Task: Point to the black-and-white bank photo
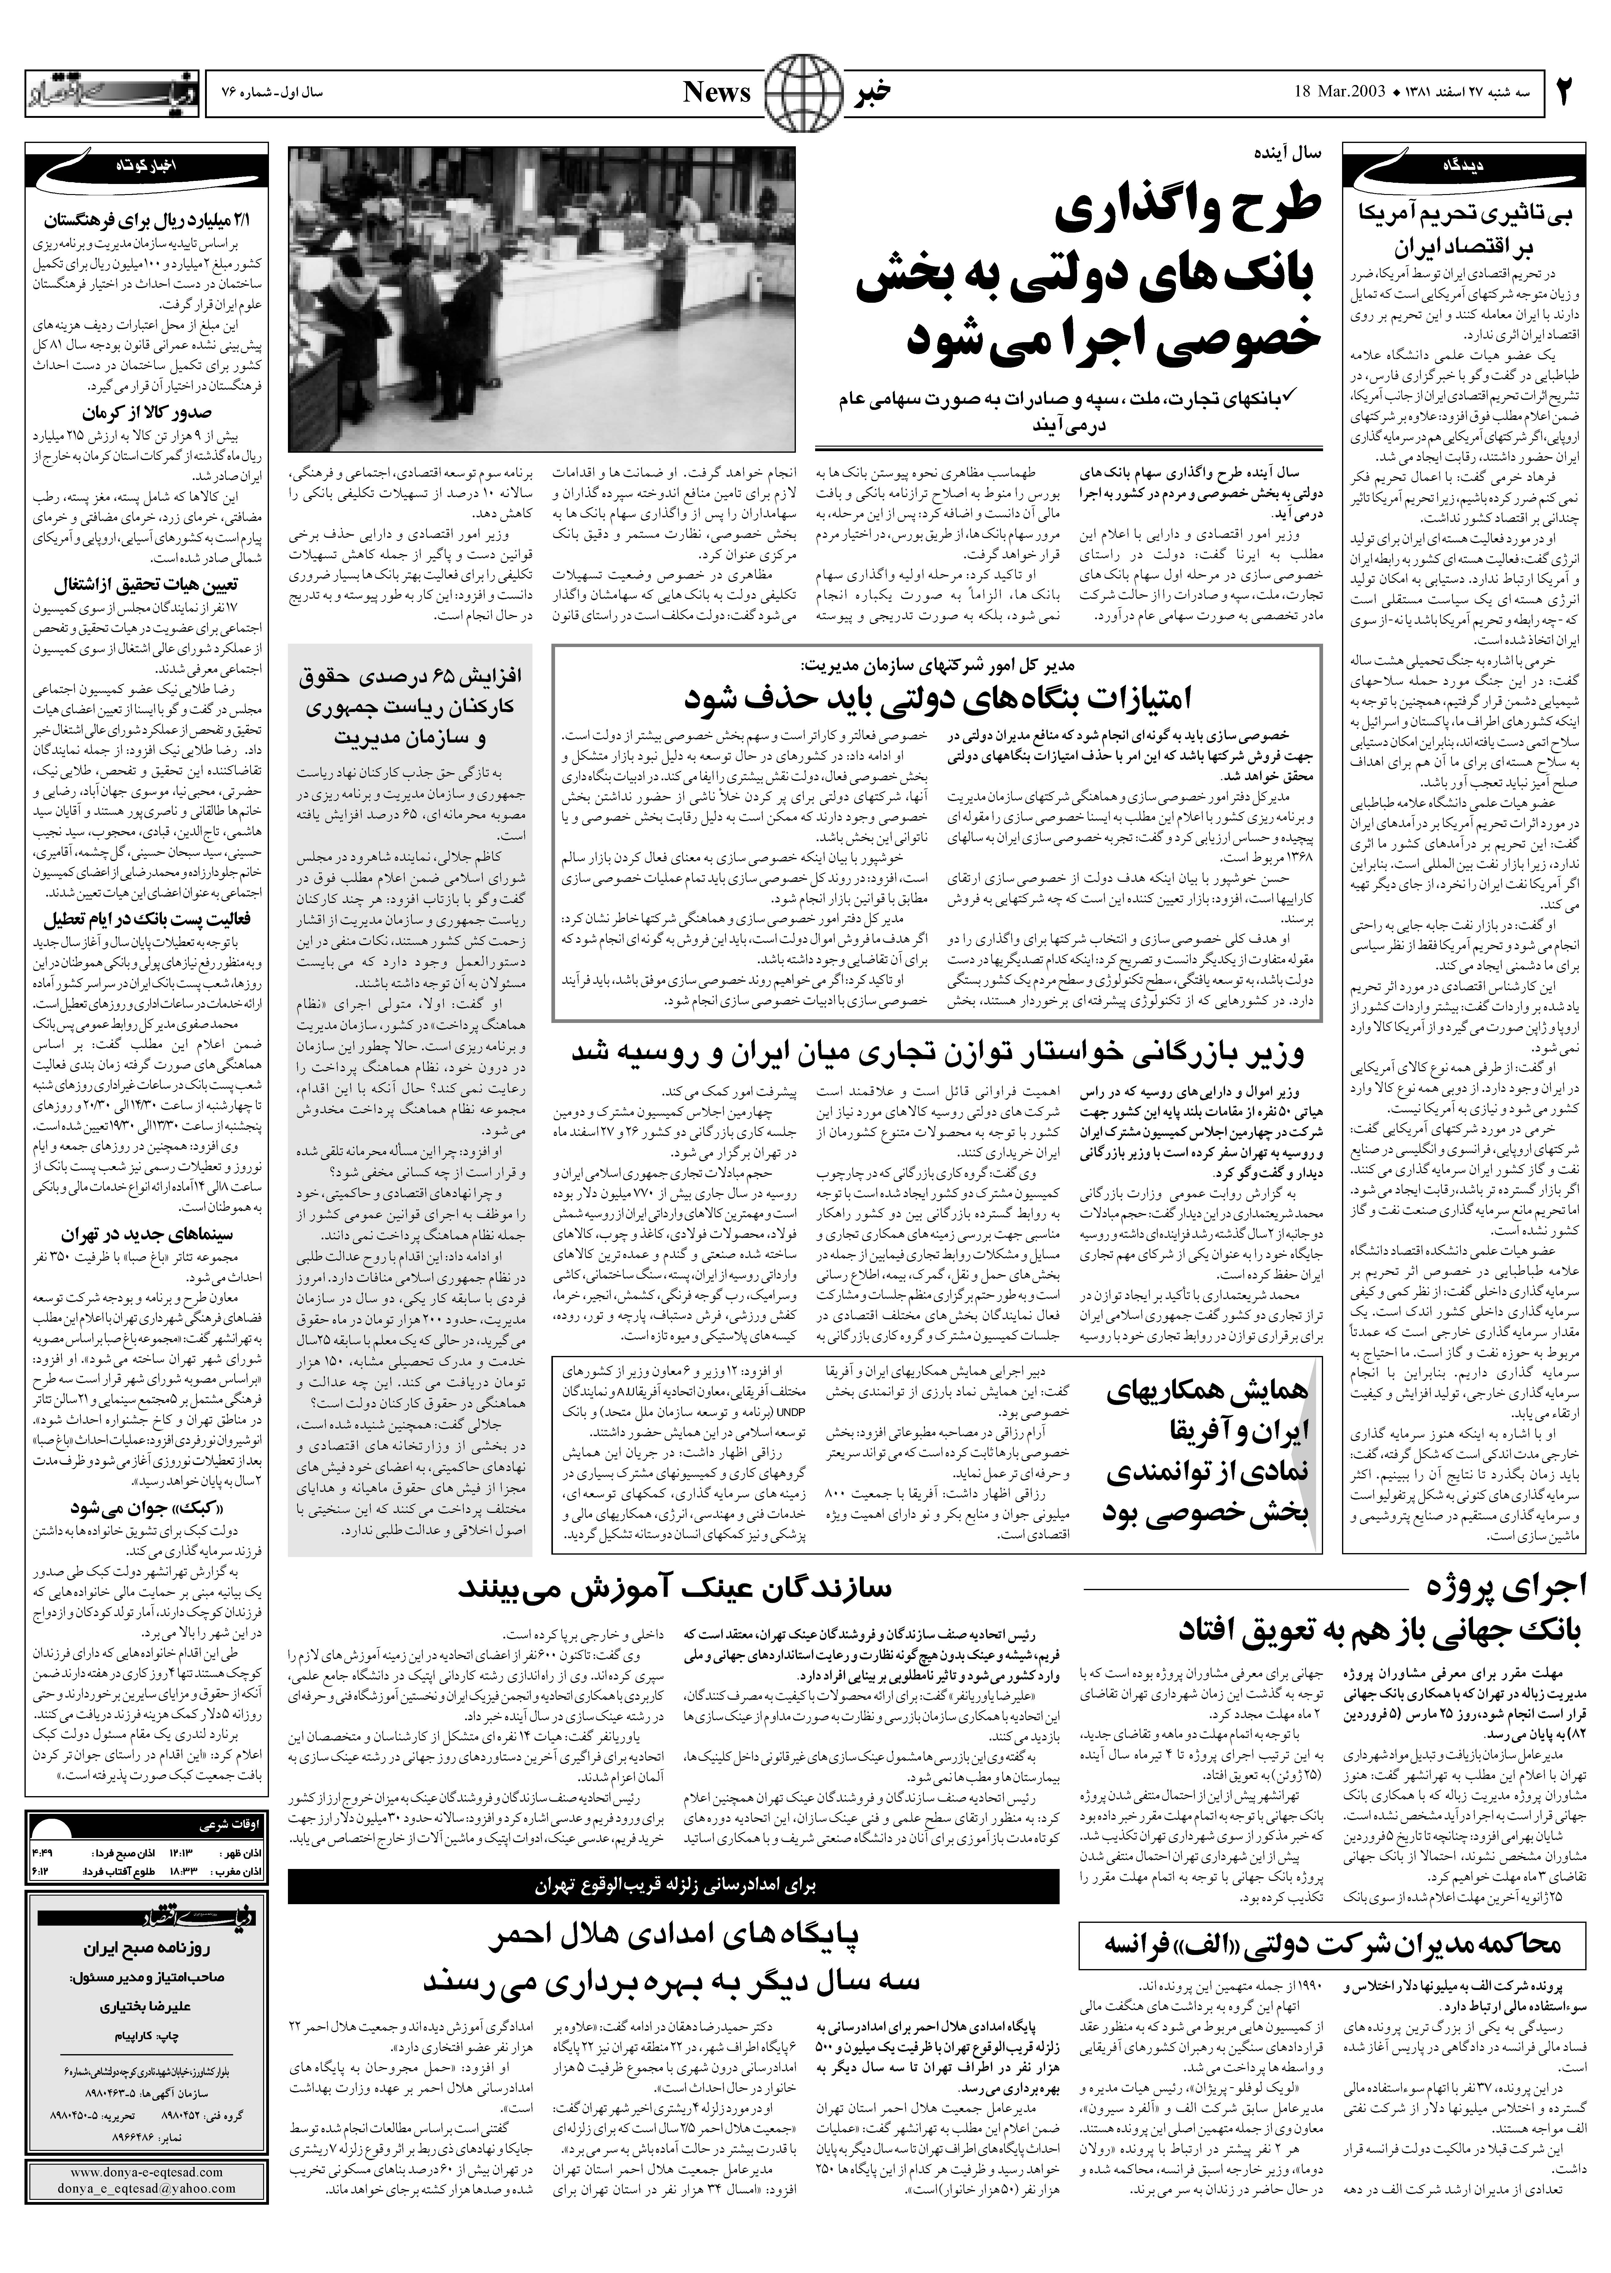click(x=542, y=298)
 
